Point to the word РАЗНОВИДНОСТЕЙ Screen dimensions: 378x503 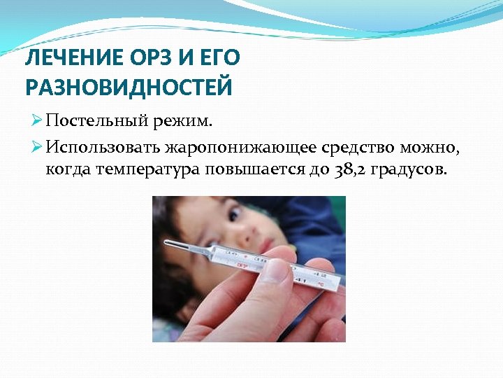click(129, 87)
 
